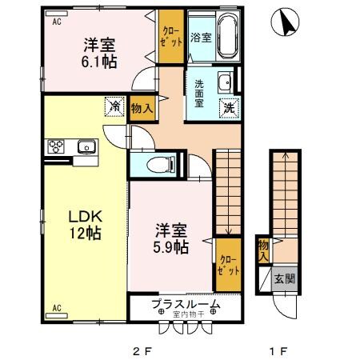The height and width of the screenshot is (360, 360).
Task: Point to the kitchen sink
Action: (86, 146)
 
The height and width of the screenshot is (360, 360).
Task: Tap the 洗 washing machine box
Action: (229, 107)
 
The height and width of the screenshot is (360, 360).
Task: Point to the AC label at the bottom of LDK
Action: (58, 307)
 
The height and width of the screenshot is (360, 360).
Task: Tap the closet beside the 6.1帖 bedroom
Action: (170, 38)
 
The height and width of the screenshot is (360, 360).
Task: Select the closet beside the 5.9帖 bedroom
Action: (227, 266)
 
